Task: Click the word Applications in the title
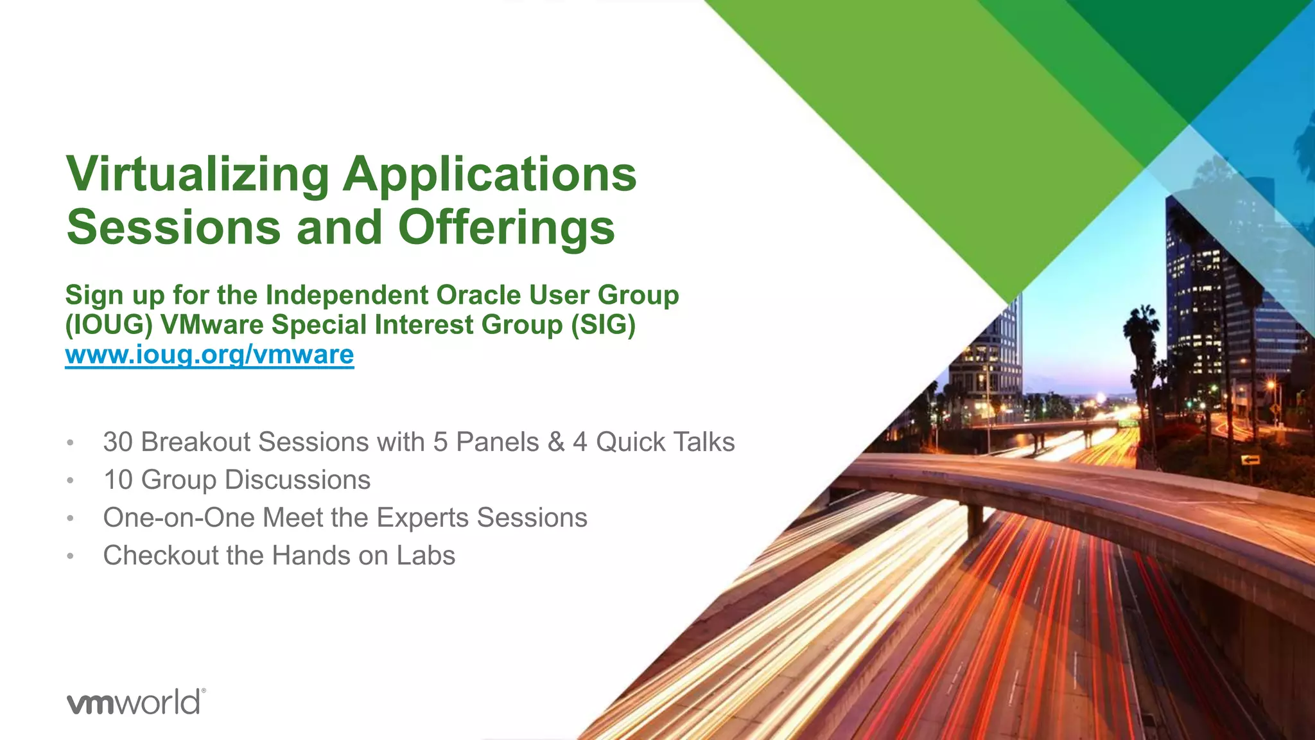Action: click(x=489, y=175)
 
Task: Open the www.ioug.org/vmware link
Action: click(x=209, y=355)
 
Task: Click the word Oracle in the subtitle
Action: click(x=478, y=295)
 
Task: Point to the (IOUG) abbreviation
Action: click(x=109, y=324)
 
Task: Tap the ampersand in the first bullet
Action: click(x=555, y=442)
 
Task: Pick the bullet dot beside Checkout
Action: click(x=71, y=556)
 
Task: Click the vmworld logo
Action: click(x=135, y=702)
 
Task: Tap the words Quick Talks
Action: click(x=665, y=442)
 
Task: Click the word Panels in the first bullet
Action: click(x=497, y=442)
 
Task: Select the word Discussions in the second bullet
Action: click(x=297, y=480)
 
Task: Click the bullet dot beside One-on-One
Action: click(x=71, y=518)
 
